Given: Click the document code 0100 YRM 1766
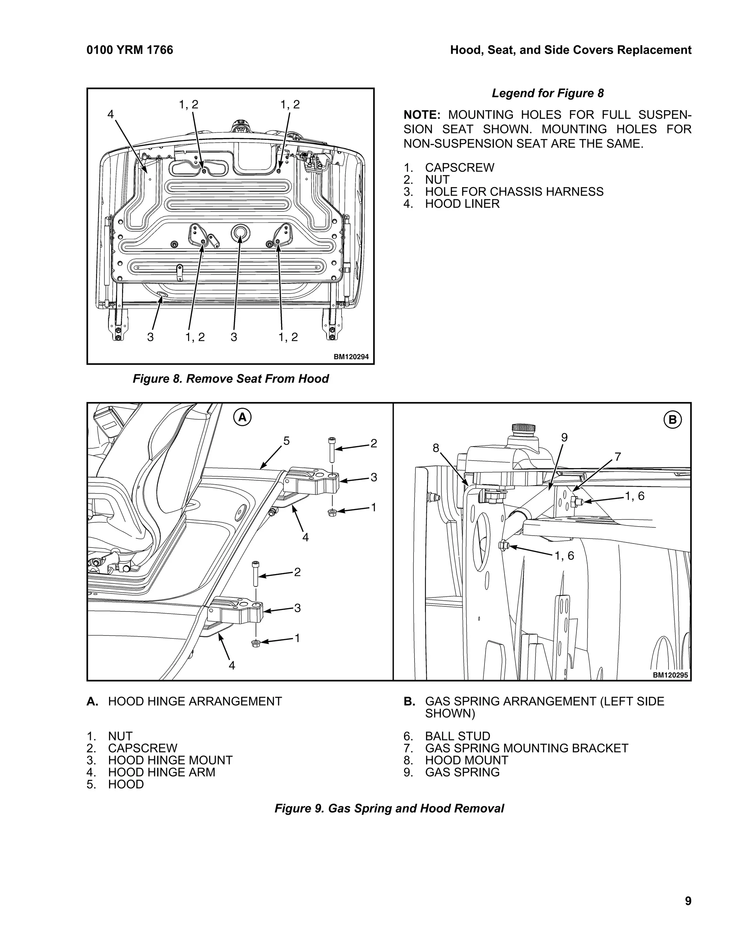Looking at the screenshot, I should tap(130, 50).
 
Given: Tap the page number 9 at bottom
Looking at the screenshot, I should tap(688, 901).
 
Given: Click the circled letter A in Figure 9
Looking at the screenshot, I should tap(242, 417).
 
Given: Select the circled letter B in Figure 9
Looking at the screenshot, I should tap(672, 420).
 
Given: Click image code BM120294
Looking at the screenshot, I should tap(351, 357).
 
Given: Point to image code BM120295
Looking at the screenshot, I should tap(670, 675).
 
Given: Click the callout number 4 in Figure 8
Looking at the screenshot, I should tap(111, 114).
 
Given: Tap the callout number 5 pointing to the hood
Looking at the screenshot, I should tap(286, 441).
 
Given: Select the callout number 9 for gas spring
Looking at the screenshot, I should tap(564, 438).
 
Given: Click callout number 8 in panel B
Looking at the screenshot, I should tap(435, 448).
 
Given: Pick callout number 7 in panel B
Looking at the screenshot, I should tap(617, 457).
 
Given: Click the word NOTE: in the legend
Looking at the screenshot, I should tap(422, 115).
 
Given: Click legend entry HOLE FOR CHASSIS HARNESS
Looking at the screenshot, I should tap(514, 192).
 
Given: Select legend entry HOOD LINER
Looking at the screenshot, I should tap(462, 204).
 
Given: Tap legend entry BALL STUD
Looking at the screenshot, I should tap(457, 736).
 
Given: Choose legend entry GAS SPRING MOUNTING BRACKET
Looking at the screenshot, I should tap(526, 748).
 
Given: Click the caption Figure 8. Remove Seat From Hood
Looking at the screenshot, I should tap(230, 379).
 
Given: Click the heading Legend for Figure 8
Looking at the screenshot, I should tap(547, 93).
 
